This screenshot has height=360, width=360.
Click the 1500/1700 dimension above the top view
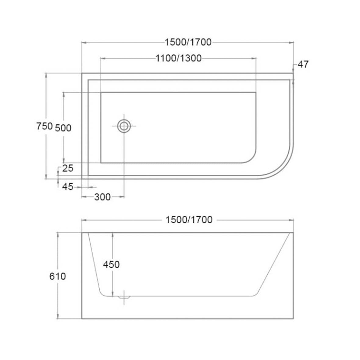(x=188, y=42)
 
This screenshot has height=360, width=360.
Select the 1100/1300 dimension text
(x=179, y=58)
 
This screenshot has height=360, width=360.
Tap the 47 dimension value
(x=303, y=64)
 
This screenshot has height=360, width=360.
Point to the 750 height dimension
(x=45, y=126)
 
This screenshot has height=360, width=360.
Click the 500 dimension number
(x=63, y=128)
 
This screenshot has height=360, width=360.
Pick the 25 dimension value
(x=68, y=168)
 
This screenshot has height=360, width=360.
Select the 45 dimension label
(x=68, y=187)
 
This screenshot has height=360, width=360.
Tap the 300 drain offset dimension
(x=102, y=197)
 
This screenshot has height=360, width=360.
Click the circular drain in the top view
(x=124, y=126)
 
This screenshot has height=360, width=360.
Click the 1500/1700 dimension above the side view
(x=189, y=220)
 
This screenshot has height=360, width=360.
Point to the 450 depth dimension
(x=111, y=264)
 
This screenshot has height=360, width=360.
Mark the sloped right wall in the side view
(x=274, y=264)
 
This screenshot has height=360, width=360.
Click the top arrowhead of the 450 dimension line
(x=113, y=234)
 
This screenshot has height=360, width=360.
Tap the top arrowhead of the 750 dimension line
(x=46, y=75)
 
